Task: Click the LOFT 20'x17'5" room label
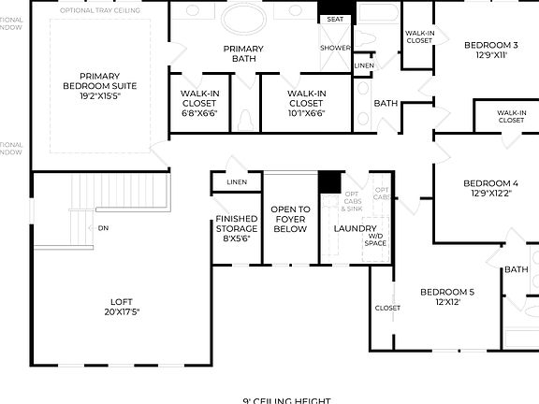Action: coord(122,306)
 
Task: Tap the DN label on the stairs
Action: coord(102,227)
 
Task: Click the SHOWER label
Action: coord(335,47)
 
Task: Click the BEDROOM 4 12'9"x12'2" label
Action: coord(490,188)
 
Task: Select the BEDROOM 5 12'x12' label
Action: coord(446,296)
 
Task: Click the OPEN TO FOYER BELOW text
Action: coord(289,219)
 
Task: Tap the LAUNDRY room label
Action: coord(355,228)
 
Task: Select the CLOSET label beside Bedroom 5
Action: coord(387,308)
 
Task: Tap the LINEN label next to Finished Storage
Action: coord(237,181)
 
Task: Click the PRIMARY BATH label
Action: coord(242,53)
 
